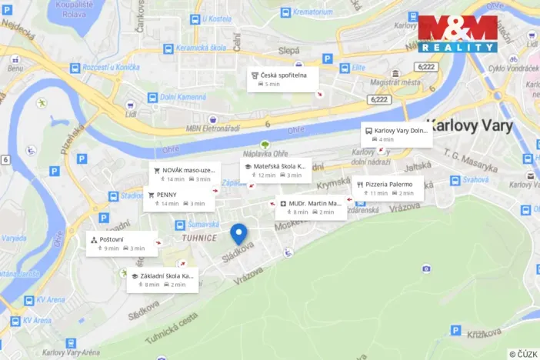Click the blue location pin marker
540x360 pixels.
tap(239, 233)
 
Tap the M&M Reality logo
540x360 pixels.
tap(458, 34)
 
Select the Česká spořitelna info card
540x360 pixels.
tap(282, 78)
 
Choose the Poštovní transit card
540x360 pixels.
tap(123, 244)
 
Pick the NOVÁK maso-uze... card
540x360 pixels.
tap(183, 174)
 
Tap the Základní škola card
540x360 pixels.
tap(163, 279)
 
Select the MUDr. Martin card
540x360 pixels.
tap(311, 207)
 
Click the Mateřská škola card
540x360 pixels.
tap(275, 170)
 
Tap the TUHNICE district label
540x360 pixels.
tap(198, 238)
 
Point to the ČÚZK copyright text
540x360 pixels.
tap(523, 353)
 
